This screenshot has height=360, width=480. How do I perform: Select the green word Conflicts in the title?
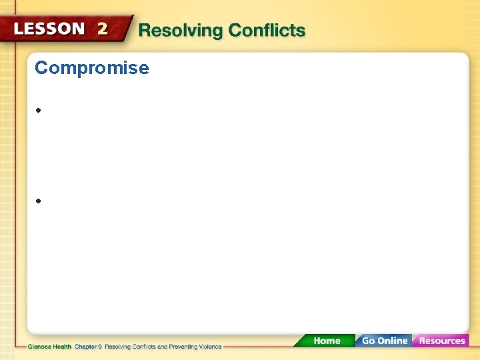tap(267, 31)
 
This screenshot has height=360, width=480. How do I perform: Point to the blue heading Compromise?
tap(92, 68)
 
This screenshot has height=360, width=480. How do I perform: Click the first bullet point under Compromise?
tap(40, 111)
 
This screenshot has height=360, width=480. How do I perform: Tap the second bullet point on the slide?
tap(40, 201)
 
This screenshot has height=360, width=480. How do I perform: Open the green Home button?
tap(327, 341)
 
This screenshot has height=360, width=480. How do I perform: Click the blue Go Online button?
tap(384, 341)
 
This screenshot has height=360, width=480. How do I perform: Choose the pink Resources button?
tap(442, 341)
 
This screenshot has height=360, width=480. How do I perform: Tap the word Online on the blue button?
tap(393, 341)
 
